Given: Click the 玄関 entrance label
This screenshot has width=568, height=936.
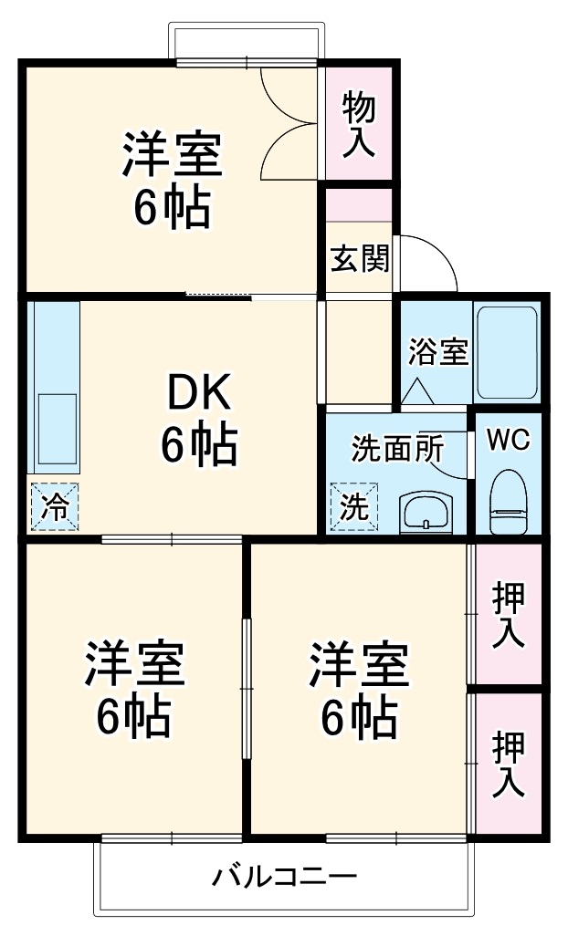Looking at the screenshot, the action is coord(360,258).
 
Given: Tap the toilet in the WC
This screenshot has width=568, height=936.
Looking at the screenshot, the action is coord(509,502).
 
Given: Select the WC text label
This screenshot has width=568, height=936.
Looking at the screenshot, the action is coord(508,440).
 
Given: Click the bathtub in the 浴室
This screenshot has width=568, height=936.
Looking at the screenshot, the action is coord(508,353).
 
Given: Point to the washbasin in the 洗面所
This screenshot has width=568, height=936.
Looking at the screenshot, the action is coord(426,511).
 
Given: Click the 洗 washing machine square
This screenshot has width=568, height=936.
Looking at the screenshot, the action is coord(354,506).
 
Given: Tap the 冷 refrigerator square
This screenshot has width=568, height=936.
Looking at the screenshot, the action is coord(55,505).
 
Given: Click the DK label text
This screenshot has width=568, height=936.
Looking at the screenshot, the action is coord(199,391).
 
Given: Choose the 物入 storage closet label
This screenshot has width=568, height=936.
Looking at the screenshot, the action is coord(359,126).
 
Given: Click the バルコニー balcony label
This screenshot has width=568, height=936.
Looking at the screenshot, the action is coord(285,877).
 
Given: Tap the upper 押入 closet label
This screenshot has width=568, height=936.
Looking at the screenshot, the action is coord(509,616).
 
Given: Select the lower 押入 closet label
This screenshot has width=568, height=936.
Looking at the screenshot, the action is coord(509,764).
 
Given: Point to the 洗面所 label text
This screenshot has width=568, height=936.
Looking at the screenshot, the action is coord(397,449).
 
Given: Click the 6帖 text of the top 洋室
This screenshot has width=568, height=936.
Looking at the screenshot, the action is coord(172,208).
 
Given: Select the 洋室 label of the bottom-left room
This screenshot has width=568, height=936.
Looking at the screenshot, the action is coord(134,663).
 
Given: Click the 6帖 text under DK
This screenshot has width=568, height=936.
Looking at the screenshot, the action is coord(199,444).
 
